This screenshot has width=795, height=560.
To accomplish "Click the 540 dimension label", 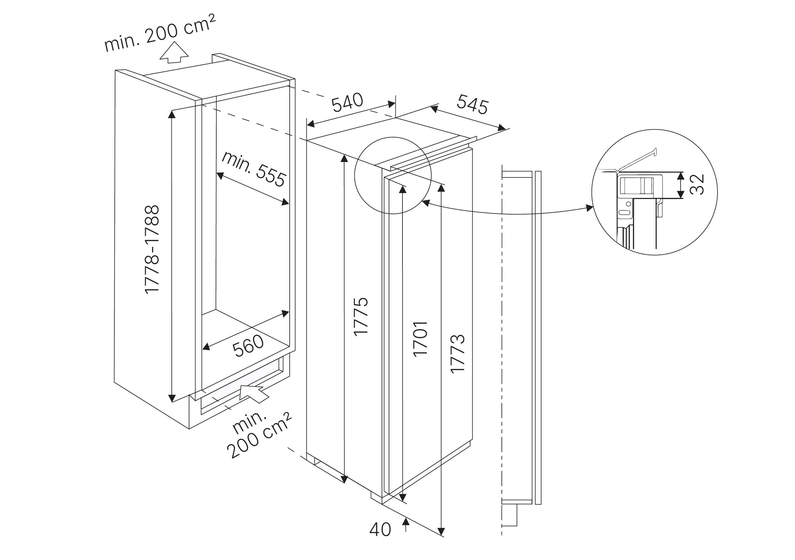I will (347, 102).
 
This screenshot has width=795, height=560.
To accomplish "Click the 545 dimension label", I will (472, 104).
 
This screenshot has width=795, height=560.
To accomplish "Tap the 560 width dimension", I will (248, 346).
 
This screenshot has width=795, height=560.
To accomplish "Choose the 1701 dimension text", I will (420, 339).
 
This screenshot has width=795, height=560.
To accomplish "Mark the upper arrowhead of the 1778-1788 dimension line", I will (172, 113).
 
